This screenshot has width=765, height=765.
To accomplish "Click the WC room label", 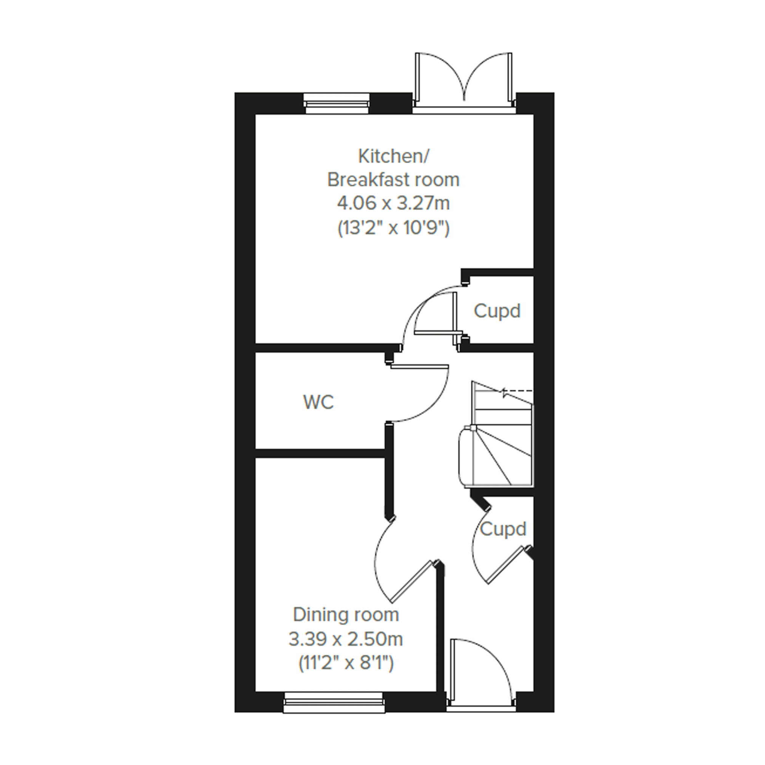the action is (x=318, y=402).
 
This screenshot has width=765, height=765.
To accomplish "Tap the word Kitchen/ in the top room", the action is (x=393, y=156).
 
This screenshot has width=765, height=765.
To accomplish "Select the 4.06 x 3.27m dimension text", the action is (x=393, y=204).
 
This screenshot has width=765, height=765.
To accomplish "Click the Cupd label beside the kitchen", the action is (x=497, y=311).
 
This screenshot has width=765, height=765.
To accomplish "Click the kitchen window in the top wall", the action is (x=337, y=104).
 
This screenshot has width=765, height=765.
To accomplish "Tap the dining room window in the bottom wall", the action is (x=334, y=702).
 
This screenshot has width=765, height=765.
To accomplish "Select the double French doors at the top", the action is (x=464, y=83).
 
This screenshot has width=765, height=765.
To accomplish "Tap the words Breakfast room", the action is (x=393, y=180).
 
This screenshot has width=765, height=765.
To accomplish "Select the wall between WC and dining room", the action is (x=320, y=453).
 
